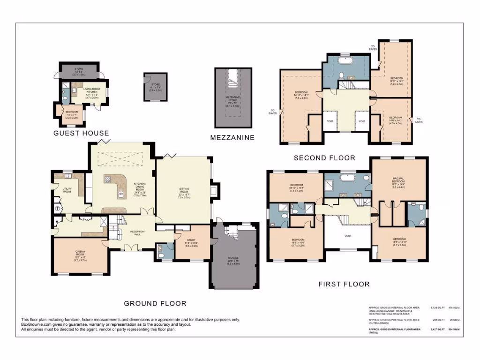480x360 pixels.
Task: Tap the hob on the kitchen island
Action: [107, 179]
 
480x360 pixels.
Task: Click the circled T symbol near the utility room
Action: [58, 209]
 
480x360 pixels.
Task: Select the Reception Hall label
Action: [137, 233]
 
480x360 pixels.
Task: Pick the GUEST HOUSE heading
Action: [81, 133]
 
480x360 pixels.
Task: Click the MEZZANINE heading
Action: [232, 137]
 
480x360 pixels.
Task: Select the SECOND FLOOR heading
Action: [324, 158]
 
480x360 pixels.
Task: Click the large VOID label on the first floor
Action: [347, 236]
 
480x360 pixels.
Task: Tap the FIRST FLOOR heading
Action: [344, 284]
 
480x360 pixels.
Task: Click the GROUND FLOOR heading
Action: [155, 303]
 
